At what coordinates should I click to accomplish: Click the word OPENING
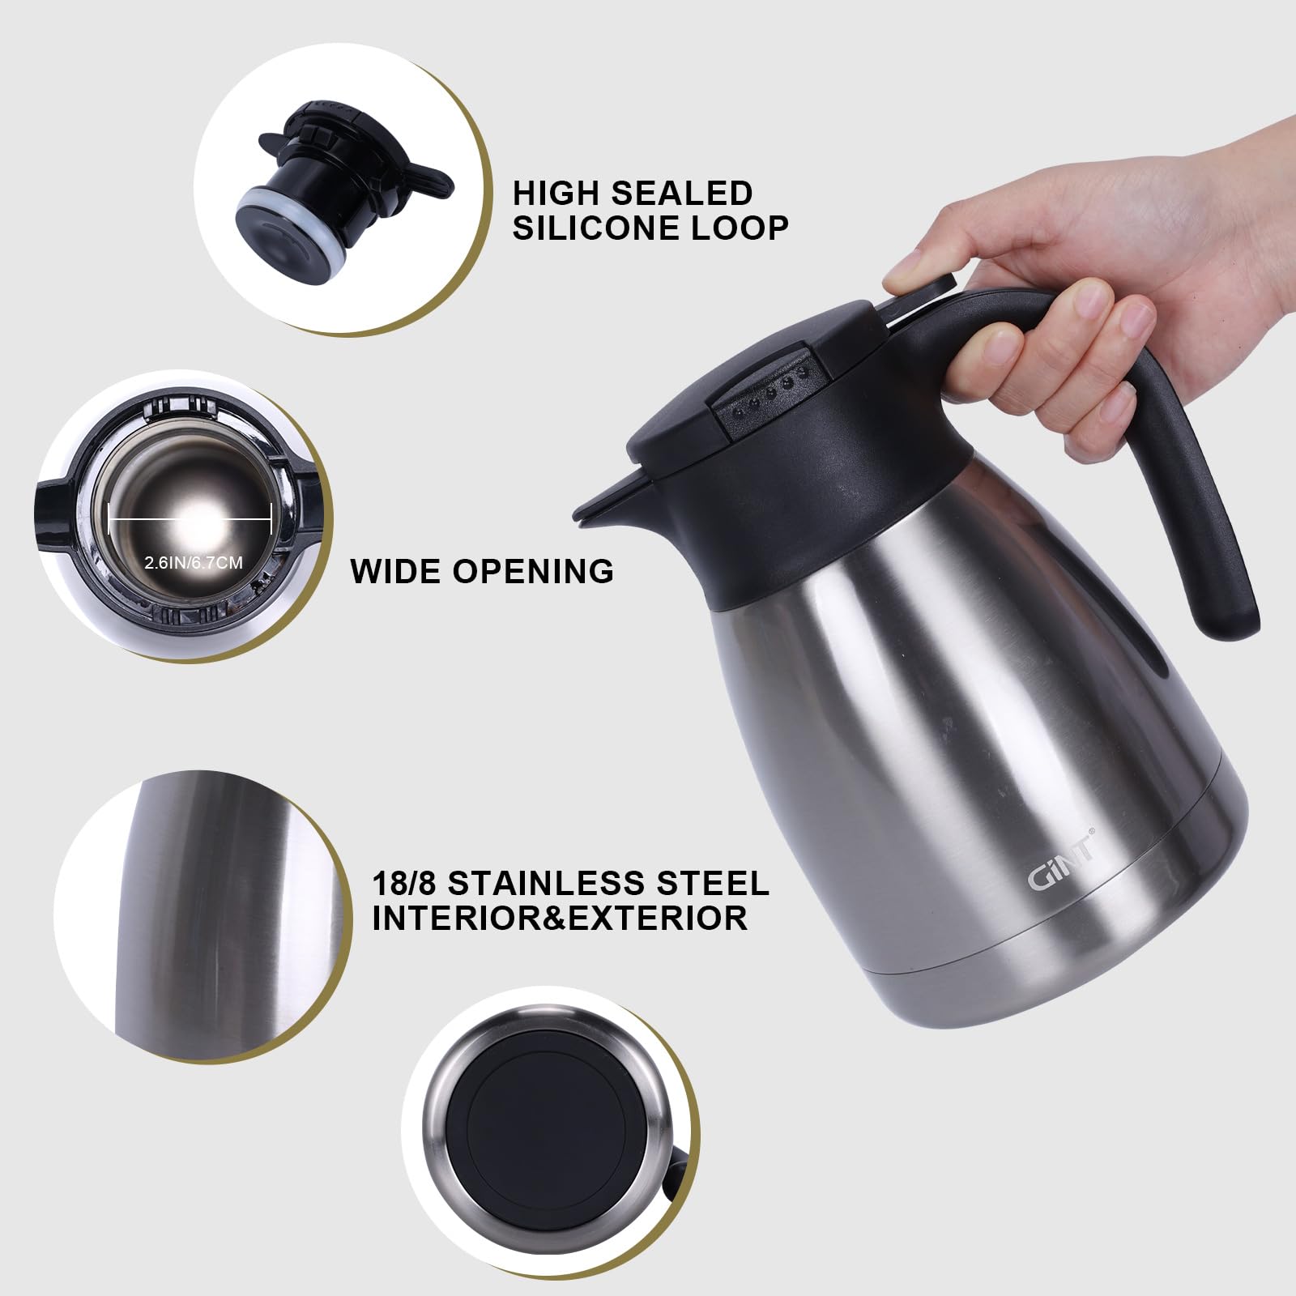point(532,571)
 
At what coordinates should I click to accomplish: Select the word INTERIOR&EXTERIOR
point(559,919)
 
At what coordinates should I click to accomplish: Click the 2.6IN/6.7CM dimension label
point(193,562)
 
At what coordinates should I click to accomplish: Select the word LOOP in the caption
point(744,228)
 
